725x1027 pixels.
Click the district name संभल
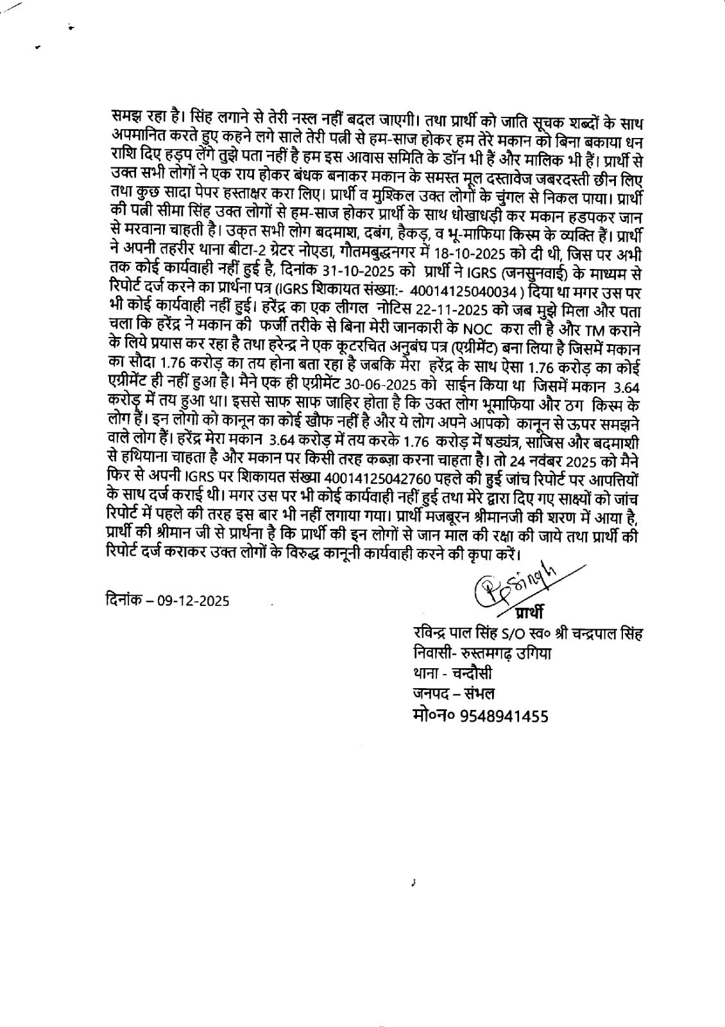(x=475, y=695)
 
